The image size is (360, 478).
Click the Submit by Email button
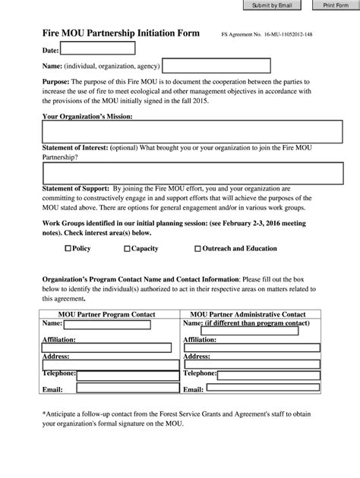coord(273,5)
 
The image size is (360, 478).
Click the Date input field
coord(98,49)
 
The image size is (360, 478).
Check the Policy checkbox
coord(68,248)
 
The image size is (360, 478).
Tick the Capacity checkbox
coord(127,248)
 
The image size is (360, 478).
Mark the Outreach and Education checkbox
coord(198,248)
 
